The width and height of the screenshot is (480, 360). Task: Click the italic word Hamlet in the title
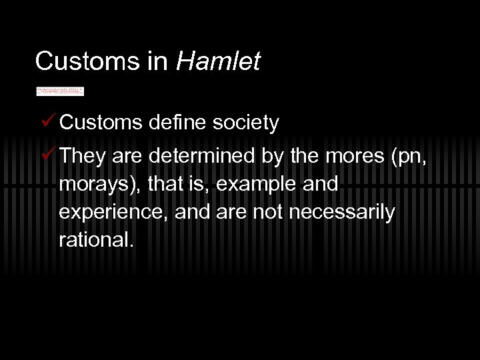(x=218, y=61)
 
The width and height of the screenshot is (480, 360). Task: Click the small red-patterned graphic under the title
(x=60, y=91)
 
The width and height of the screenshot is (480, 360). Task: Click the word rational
(x=96, y=240)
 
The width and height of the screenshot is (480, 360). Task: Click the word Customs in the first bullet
(x=101, y=123)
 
